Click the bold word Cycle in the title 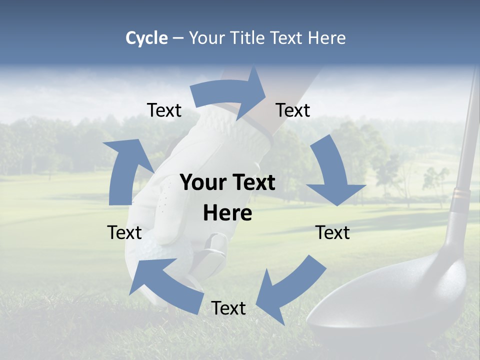click(146, 38)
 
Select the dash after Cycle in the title click(178, 38)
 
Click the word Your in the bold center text click(200, 182)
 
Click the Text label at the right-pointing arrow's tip click(293, 110)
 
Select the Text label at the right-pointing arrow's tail click(164, 110)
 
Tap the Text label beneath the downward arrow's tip click(332, 232)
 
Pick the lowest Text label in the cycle click(228, 308)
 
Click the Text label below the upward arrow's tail click(124, 232)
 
